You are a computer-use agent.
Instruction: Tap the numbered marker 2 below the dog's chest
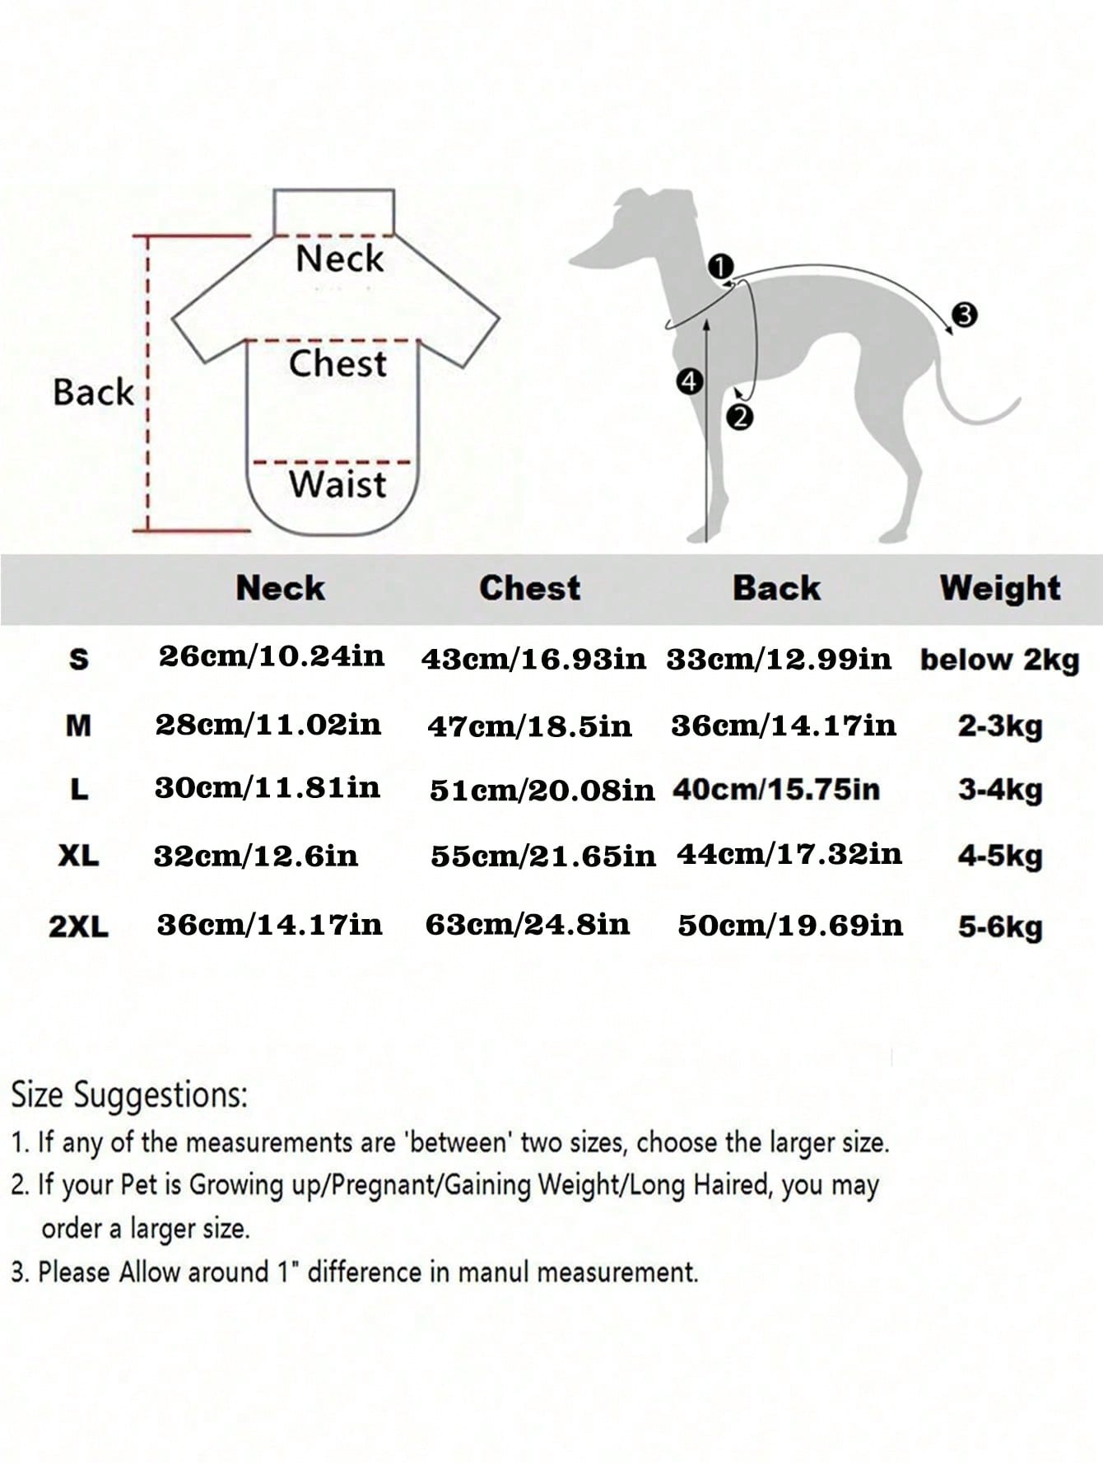pos(740,418)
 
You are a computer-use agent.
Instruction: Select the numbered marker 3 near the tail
pos(964,315)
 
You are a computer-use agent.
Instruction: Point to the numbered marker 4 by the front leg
pos(689,381)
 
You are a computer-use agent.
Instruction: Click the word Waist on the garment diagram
pos(337,484)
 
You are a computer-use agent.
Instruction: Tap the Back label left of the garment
pos(93,392)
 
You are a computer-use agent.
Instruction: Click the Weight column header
pos(1000,588)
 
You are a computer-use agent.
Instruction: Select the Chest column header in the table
pos(530,588)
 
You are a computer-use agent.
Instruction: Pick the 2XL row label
pos(78,926)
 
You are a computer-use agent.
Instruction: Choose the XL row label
pos(79,856)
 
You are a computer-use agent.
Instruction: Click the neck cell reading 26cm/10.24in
pos(272,656)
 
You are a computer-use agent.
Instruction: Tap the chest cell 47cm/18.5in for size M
pos(530,726)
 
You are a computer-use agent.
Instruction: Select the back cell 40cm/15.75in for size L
pos(776,790)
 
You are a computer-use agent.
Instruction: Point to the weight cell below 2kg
pos(999,660)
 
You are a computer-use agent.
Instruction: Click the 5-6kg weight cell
pos(1000,927)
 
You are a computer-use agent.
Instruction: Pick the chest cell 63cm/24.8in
pos(528,925)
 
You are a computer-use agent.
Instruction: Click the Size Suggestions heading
pos(129,1097)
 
